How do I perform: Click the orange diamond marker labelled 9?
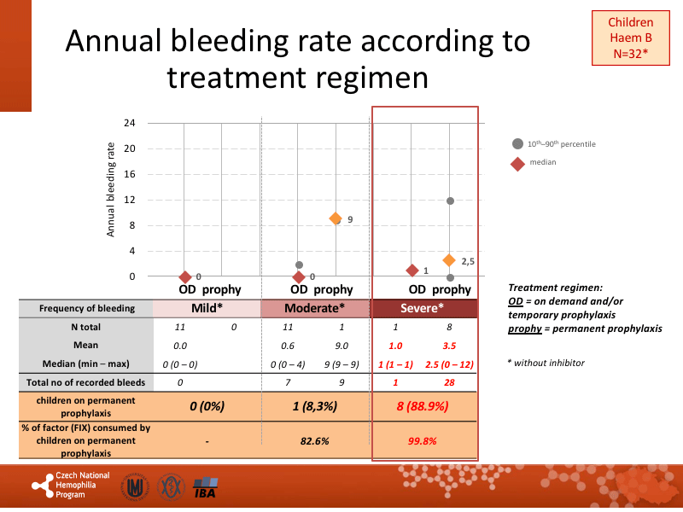336,219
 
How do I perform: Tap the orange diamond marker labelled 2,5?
449,260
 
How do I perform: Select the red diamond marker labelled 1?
412,271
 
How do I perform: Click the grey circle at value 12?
450,201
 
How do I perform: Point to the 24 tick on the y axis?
130,123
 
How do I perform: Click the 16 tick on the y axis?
130,174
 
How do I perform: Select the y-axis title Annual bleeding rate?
111,190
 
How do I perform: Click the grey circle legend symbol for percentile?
517,143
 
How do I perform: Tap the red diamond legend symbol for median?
517,163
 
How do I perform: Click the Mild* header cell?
206,308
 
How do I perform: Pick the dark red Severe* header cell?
423,308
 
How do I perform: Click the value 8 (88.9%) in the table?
424,406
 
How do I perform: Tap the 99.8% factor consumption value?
424,440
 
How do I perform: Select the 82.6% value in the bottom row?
315,440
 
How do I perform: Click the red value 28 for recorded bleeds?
448,382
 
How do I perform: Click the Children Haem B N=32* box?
630,38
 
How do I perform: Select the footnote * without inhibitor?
546,363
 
